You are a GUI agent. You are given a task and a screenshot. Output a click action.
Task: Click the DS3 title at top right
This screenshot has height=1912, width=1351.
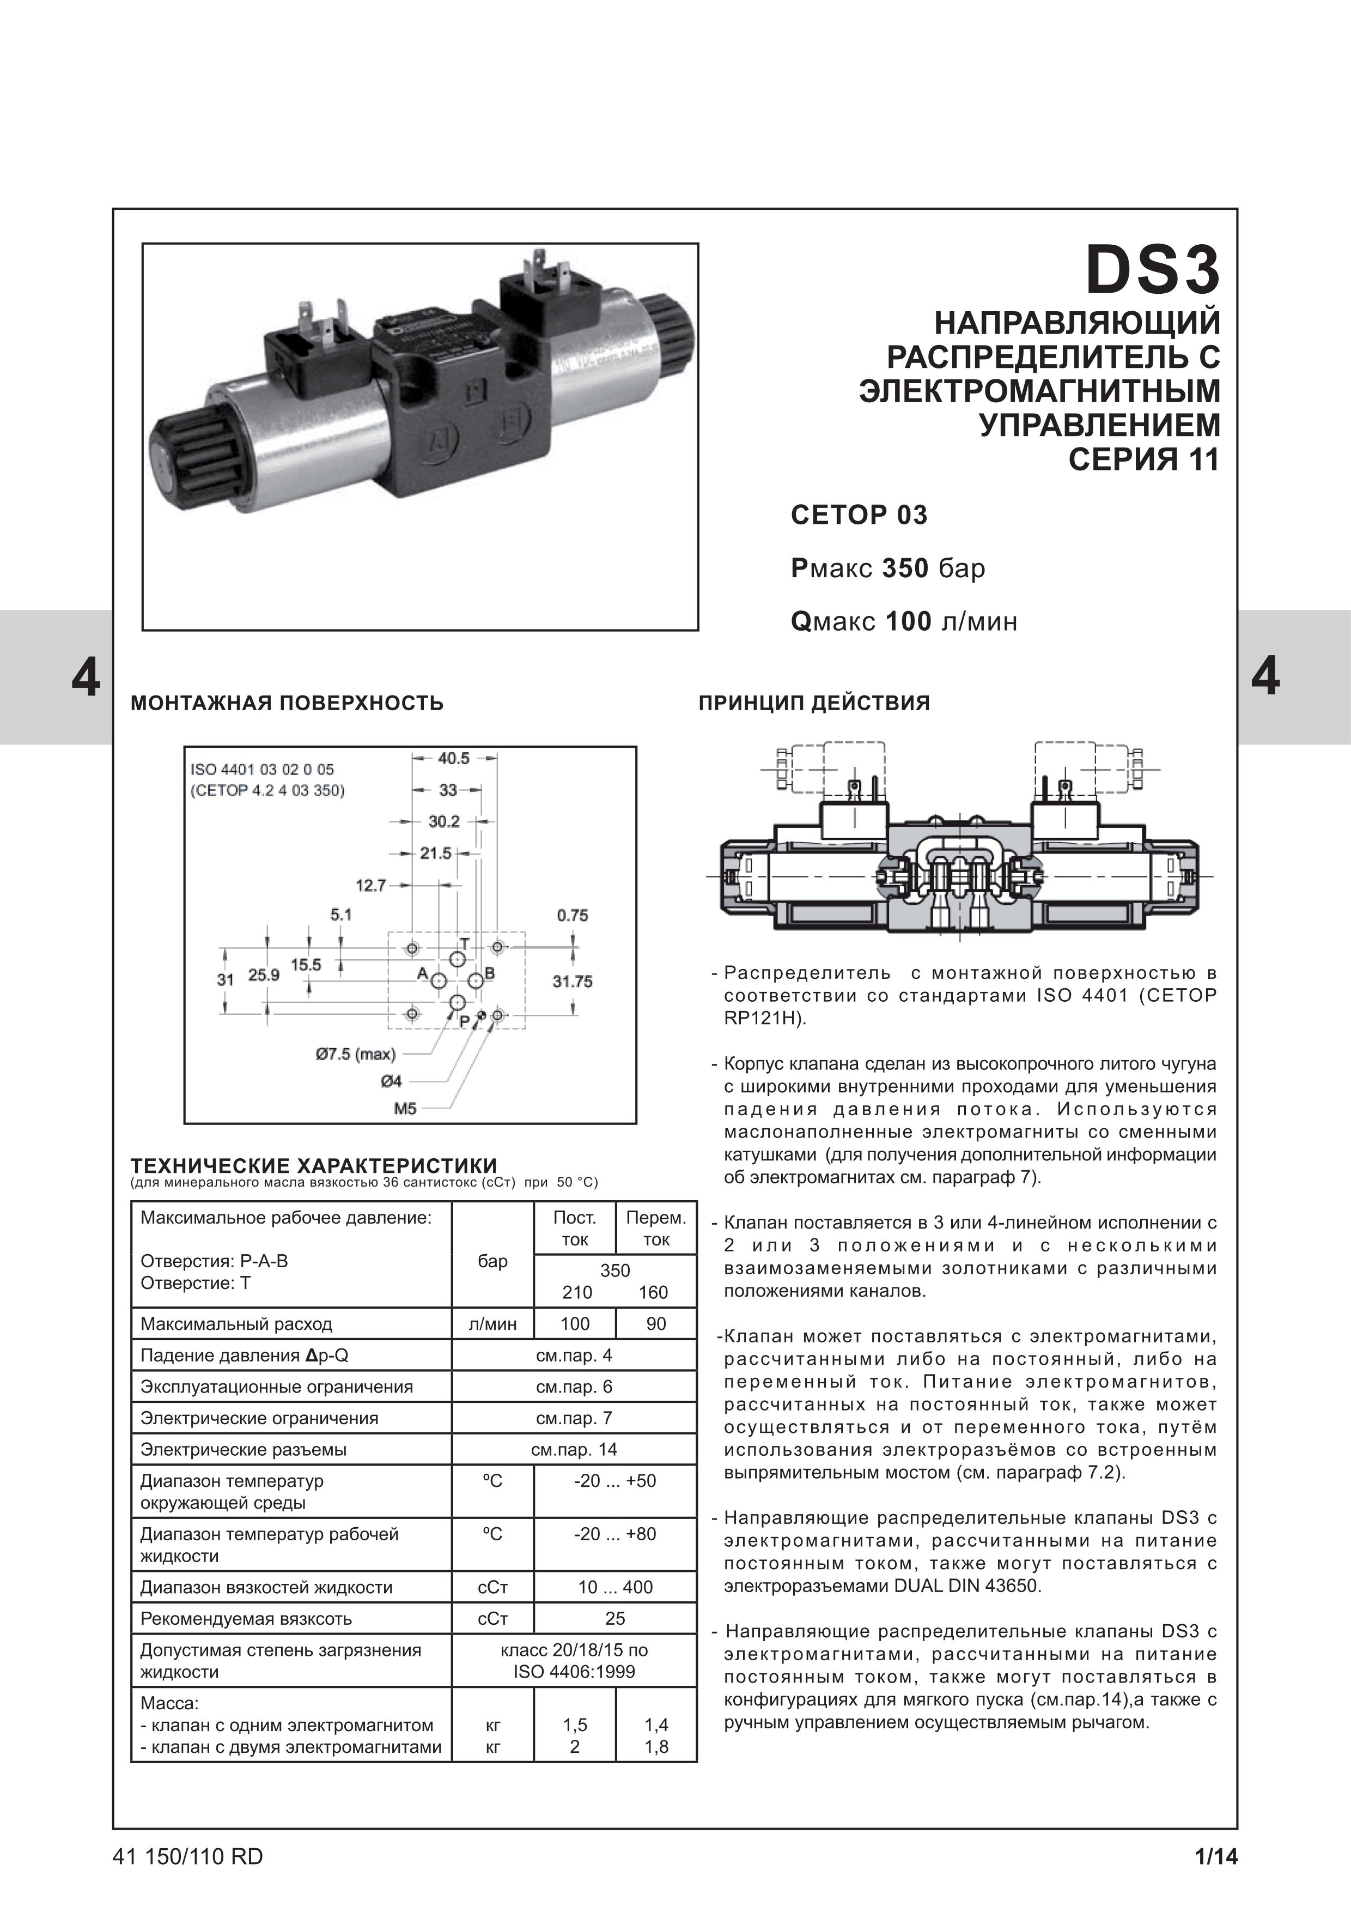pyautogui.click(x=1153, y=271)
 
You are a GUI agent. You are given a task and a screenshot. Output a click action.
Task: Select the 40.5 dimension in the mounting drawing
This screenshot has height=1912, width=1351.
pyautogui.click(x=454, y=758)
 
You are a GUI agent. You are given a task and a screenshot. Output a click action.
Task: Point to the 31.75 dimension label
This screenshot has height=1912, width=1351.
pyautogui.click(x=573, y=982)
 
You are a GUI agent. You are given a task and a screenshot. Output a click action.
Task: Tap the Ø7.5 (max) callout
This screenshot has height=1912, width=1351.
pyautogui.click(x=355, y=1054)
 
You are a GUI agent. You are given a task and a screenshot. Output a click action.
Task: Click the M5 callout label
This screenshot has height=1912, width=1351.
pyautogui.click(x=405, y=1109)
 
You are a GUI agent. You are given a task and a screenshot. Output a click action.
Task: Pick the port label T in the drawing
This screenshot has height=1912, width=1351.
pyautogui.click(x=465, y=943)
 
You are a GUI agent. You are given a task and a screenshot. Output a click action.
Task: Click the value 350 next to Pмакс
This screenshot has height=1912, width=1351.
pyautogui.click(x=905, y=569)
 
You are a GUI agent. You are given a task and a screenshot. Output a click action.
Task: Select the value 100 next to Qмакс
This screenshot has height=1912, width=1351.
pyautogui.click(x=908, y=622)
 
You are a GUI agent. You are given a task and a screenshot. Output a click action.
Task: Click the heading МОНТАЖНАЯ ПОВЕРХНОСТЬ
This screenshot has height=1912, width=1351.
pyautogui.click(x=287, y=703)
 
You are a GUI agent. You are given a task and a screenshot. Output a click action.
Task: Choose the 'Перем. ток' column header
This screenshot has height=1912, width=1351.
pyautogui.click(x=656, y=1229)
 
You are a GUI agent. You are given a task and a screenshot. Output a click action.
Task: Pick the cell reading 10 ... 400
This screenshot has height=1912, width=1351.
pyautogui.click(x=615, y=1587)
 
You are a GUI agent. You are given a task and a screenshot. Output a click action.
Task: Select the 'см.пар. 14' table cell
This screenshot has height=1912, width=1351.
pyautogui.click(x=574, y=1450)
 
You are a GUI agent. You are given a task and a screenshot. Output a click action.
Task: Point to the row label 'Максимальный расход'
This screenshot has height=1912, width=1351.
pyautogui.click(x=236, y=1324)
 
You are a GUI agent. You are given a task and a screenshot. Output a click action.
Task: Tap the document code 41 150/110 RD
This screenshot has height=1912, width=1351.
pyautogui.click(x=187, y=1857)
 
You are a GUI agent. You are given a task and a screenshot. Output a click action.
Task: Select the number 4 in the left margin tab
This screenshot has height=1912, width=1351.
pyautogui.click(x=86, y=678)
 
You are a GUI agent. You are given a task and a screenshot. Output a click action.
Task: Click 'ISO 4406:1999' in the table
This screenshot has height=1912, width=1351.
pyautogui.click(x=574, y=1672)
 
